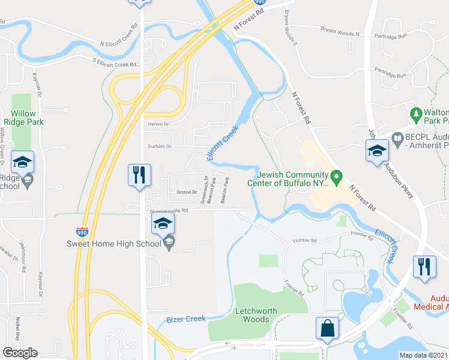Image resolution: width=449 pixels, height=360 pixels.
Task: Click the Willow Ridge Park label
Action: point(23,118)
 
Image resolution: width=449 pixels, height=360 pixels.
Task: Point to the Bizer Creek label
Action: point(186,319)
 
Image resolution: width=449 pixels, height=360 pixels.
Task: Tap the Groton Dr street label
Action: point(187,192)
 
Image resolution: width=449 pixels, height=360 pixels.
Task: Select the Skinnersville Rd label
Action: point(169,211)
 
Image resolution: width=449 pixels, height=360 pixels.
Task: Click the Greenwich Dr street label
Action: point(206,188)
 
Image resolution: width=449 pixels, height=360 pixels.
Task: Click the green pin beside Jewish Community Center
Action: point(337,177)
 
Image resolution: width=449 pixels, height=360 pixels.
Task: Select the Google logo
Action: point(20,353)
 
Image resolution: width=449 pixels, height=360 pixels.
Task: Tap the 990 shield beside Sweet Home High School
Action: point(82,232)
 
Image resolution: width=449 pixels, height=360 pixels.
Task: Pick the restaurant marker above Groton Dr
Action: point(139,175)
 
